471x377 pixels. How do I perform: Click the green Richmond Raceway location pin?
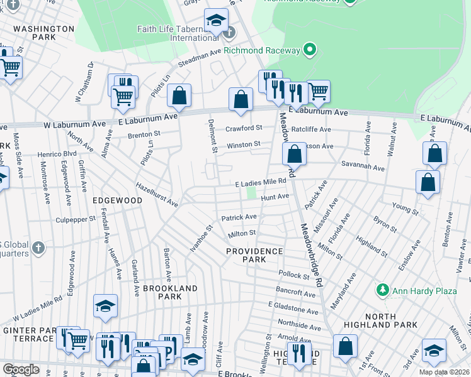coord(309,49)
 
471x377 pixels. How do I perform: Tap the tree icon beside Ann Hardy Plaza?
coord(382,290)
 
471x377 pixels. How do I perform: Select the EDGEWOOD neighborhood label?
coord(117,200)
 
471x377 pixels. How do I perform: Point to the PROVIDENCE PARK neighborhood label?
coord(255,255)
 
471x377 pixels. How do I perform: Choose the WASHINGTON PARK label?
coord(44,33)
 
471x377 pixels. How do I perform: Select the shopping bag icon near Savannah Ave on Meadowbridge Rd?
coord(294,153)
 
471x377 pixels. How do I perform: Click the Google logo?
coord(21,369)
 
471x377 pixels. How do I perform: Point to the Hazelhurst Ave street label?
coord(157,194)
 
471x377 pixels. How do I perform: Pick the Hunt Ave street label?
coord(275,197)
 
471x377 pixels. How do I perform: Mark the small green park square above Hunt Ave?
coord(252,193)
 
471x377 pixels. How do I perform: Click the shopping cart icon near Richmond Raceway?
coord(319,91)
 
